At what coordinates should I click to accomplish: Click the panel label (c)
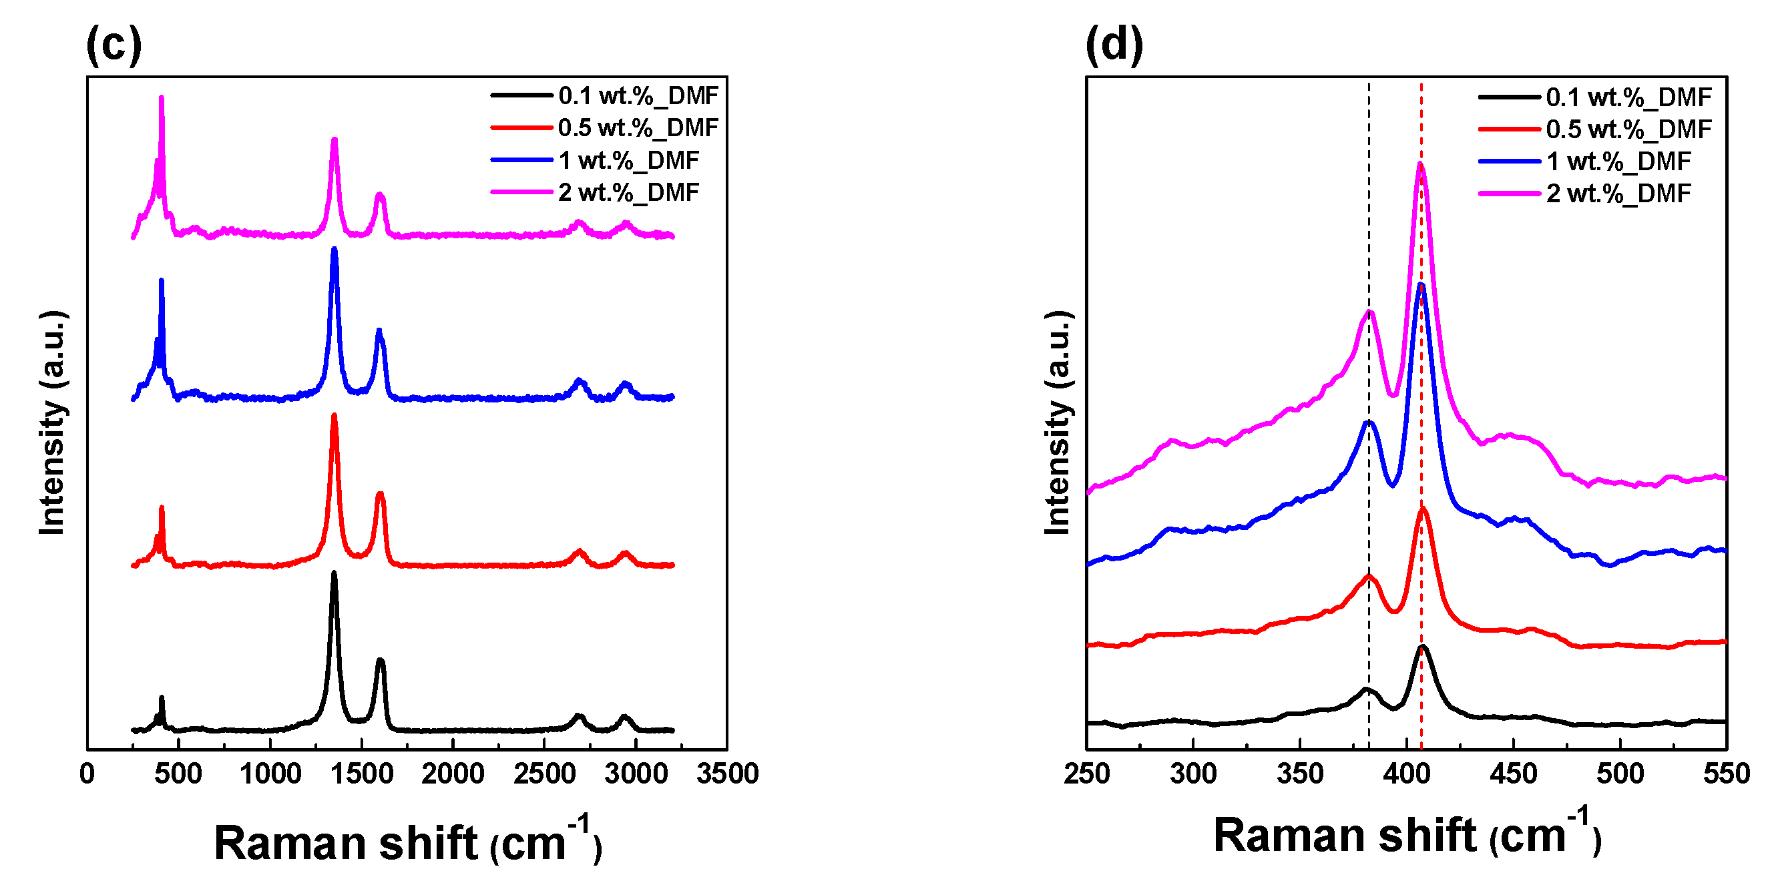(114, 45)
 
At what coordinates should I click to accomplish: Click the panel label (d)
(1114, 45)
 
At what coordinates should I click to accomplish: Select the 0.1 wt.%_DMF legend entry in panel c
(638, 95)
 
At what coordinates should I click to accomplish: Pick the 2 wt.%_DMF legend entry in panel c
(628, 192)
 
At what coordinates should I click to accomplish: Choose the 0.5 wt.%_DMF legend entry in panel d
(1628, 129)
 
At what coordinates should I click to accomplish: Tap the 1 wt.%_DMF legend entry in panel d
(1618, 162)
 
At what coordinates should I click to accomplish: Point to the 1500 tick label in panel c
(361, 773)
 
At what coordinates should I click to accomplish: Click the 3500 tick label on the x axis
(727, 773)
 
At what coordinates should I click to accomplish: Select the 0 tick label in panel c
(87, 773)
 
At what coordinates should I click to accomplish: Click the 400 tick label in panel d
(1406, 773)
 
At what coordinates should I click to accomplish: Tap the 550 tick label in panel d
(1726, 773)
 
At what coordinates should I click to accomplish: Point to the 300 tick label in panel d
(1193, 773)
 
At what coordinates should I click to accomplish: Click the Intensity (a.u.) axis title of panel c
(52, 422)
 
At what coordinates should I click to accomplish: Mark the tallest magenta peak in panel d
(1420, 165)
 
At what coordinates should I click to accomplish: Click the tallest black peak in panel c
(334, 573)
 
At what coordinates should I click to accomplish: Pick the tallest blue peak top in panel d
(1421, 285)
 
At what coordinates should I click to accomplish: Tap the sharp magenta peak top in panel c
(162, 97)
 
